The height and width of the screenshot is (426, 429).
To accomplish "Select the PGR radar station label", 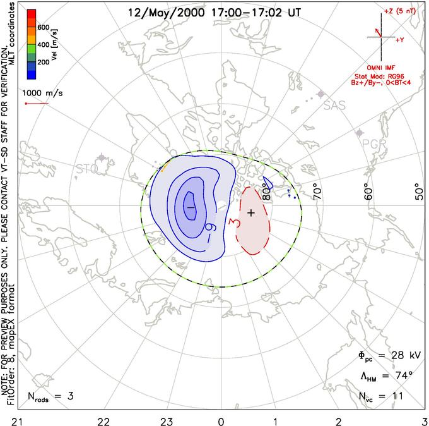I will (372, 143).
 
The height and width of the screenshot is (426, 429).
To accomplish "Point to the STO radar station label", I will (87, 169).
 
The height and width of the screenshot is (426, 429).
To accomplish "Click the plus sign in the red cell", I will (251, 212).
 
